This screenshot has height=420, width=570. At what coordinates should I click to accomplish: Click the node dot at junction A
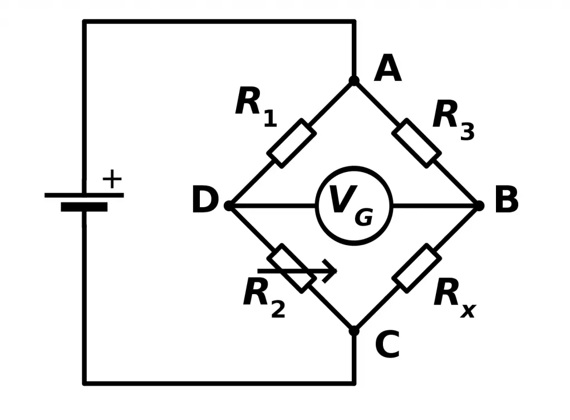354,81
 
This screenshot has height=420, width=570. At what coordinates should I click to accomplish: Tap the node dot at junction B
478,206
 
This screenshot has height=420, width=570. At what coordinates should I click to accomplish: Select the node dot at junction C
354,331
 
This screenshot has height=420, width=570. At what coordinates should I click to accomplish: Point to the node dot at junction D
229,206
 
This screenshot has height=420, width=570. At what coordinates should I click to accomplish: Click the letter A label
387,69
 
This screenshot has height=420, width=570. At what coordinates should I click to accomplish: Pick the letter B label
506,201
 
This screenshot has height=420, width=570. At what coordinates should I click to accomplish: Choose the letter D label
204,201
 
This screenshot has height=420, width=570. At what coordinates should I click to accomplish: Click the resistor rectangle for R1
291,143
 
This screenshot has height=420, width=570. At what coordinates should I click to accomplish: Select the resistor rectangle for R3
416,143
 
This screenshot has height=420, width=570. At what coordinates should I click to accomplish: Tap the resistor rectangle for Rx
416,268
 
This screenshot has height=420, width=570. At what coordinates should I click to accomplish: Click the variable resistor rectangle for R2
291,268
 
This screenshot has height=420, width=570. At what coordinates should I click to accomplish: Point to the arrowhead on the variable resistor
332,271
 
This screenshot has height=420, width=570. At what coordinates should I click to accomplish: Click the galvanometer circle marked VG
354,206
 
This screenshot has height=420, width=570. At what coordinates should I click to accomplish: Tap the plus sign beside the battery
112,179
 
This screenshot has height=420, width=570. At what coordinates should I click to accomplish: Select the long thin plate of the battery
84,195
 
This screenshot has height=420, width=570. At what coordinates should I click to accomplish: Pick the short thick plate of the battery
84,207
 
